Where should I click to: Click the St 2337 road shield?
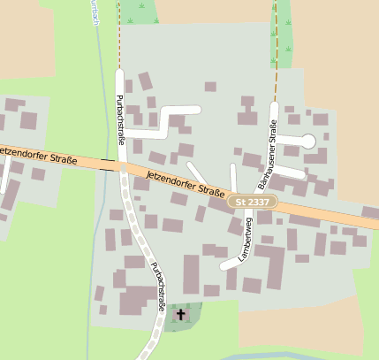[254, 203]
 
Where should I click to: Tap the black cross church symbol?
[182, 314]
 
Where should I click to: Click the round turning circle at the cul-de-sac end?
[307, 141]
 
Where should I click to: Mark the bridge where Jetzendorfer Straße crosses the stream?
[109, 164]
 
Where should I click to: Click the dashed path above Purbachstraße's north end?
[119, 35]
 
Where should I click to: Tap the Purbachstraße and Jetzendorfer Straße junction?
[121, 166]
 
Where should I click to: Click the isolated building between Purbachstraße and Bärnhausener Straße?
[210, 87]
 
